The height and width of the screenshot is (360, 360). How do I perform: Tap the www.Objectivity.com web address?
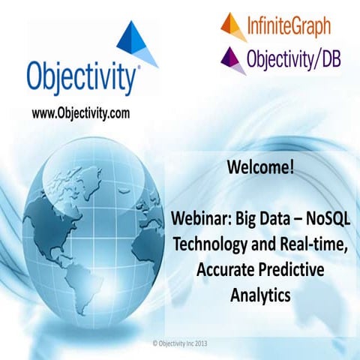pos(81,113)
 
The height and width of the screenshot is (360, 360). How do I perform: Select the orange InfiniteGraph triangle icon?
pos(232,26)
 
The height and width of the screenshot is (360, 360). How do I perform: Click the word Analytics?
pos(259,295)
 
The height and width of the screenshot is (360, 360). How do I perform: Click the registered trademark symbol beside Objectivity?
pos(137,69)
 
